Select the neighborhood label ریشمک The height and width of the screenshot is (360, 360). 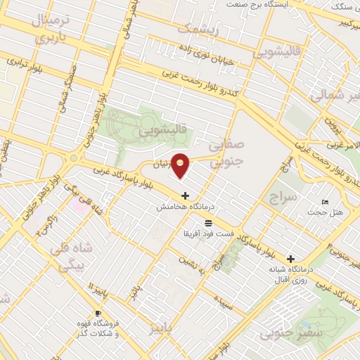[198, 30]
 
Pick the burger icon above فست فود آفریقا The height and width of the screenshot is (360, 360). [207, 222]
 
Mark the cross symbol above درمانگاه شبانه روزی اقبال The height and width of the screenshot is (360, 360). [291, 259]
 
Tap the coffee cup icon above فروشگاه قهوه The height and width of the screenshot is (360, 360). [98, 313]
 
